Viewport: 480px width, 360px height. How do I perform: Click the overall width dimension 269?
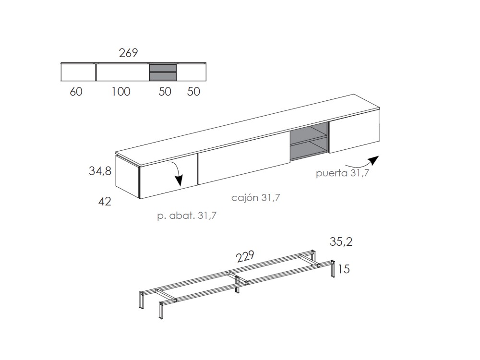point(128,53)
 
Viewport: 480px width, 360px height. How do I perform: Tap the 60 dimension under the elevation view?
point(76,92)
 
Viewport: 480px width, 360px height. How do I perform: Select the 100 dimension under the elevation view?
point(120,92)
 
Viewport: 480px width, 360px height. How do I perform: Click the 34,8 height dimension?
point(100,171)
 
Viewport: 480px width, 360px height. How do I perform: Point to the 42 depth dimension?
point(105,202)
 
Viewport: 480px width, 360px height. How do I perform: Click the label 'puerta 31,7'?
point(343,173)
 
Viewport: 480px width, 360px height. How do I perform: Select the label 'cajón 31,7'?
point(256,198)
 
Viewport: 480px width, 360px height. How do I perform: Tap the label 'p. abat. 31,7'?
point(187,216)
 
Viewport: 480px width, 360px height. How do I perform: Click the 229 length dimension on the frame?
point(245,256)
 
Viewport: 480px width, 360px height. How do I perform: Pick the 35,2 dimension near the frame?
point(341,242)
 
